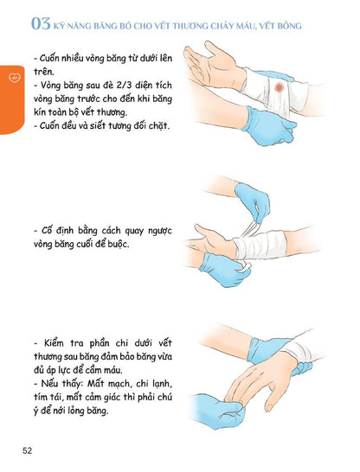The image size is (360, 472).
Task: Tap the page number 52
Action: coord(29,450)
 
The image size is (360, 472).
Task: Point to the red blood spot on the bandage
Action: coord(280,88)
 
